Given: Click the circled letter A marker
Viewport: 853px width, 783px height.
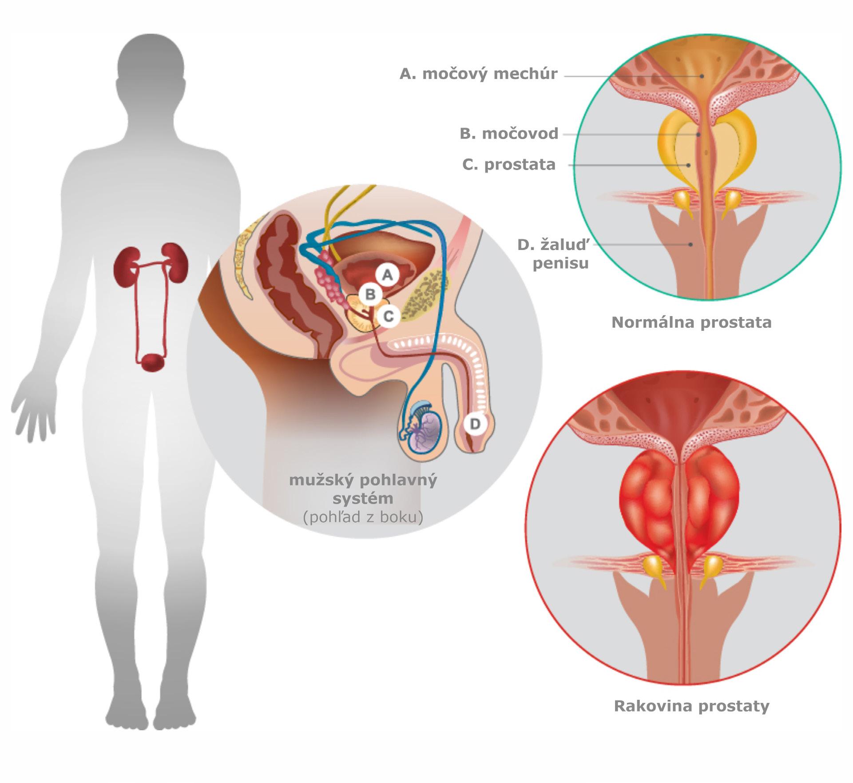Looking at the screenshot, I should [x=388, y=275].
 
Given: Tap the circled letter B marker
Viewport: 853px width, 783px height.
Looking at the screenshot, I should [x=370, y=294].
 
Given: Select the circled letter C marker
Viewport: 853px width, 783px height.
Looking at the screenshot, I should [x=389, y=316].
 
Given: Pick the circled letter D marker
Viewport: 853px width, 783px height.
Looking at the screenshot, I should [x=475, y=424].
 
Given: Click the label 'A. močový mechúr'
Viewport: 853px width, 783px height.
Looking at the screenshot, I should [x=478, y=74].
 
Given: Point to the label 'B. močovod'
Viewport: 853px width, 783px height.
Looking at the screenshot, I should [x=509, y=134].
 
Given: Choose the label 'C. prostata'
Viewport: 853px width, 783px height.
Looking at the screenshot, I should [x=509, y=164].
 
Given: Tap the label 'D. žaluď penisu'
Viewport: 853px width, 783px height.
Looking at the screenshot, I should [x=555, y=254].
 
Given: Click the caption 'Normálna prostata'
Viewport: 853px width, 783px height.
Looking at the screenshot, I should [x=691, y=322].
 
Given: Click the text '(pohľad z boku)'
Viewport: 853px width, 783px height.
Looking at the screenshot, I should [x=363, y=517].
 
